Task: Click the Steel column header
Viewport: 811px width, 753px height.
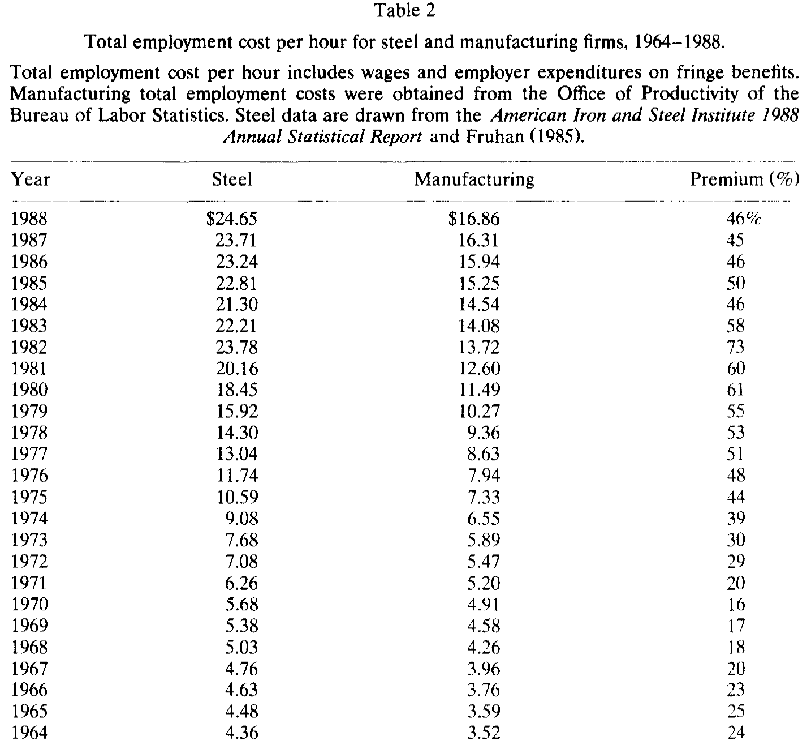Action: click(x=232, y=179)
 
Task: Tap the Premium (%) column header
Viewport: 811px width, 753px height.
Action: click(x=745, y=179)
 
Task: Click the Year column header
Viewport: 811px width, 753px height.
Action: click(x=30, y=179)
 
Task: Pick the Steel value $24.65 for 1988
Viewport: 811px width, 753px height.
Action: click(x=232, y=219)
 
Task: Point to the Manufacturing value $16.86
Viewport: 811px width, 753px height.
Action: click(x=474, y=219)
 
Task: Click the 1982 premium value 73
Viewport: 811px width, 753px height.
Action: click(x=735, y=347)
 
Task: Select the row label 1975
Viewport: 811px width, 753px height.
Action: click(x=29, y=497)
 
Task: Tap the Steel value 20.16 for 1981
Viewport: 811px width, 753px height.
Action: click(x=237, y=369)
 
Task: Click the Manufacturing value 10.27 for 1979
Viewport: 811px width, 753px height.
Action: click(x=480, y=411)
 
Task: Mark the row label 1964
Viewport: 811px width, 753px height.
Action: click(x=29, y=731)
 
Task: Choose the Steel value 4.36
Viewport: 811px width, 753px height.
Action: click(x=241, y=731)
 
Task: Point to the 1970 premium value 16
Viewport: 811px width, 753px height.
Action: click(x=736, y=604)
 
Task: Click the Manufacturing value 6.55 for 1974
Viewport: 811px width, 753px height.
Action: click(x=484, y=519)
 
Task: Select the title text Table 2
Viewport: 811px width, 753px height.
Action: click(x=405, y=11)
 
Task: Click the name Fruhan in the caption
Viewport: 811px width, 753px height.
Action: click(x=494, y=136)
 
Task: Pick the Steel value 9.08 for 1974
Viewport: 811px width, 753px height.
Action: click(x=241, y=519)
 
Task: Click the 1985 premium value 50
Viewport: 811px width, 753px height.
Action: click(x=735, y=283)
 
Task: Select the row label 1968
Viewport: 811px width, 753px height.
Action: click(x=29, y=647)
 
